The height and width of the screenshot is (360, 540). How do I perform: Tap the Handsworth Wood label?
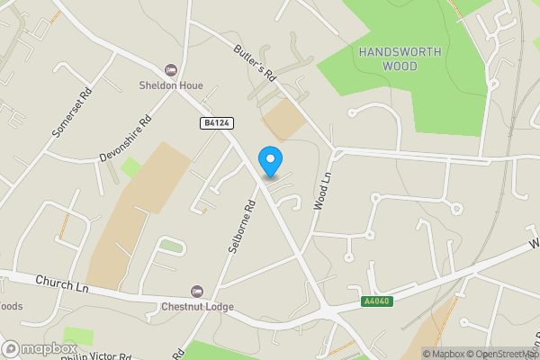click(400, 58)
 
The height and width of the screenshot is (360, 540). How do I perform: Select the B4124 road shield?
click(212, 122)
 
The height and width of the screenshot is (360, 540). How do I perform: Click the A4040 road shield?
click(378, 301)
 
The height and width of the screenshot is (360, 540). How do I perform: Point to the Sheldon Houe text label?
click(170, 85)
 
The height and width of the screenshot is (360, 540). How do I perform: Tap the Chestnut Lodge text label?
click(197, 307)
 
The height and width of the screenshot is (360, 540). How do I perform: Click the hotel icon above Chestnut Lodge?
click(197, 292)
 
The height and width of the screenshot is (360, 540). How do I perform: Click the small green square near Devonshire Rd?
click(130, 166)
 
